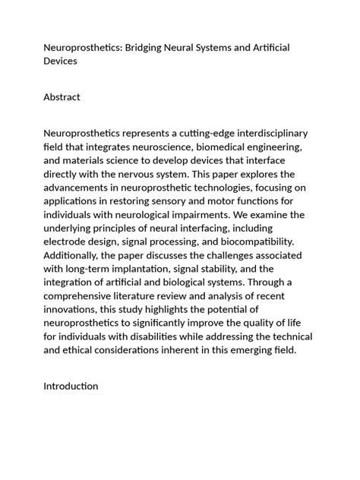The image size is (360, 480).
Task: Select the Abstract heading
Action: (x=62, y=96)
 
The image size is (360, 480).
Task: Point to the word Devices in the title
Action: (x=61, y=61)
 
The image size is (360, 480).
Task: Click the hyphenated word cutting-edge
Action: (x=182, y=133)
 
